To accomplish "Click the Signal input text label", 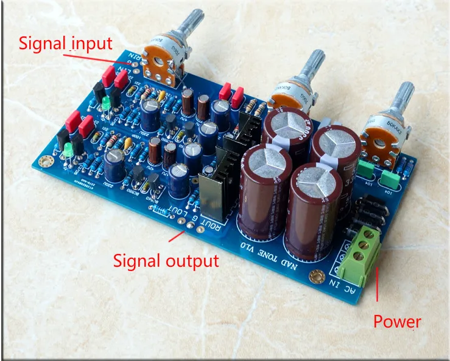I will (65, 44).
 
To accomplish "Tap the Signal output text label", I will (166, 261).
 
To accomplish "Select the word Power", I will (397, 321).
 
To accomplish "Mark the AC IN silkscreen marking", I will (356, 282).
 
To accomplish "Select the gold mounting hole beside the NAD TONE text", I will (315, 277).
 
